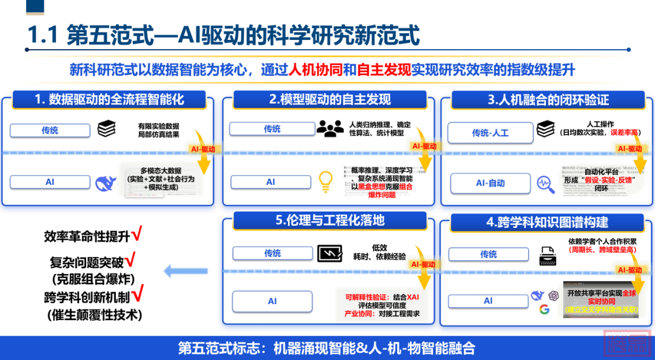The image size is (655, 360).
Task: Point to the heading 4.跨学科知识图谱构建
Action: pyautogui.click(x=547, y=222)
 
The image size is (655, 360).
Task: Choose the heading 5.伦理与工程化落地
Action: pyautogui.click(x=330, y=220)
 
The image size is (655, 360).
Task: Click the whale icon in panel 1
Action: pyautogui.click(x=106, y=182)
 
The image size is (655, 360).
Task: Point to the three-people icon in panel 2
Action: pyautogui.click(x=330, y=128)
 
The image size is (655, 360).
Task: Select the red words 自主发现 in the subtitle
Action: pyautogui.click(x=384, y=69)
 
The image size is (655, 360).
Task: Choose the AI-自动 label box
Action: pyautogui.click(x=490, y=183)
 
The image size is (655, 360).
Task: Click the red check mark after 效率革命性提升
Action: pyautogui.click(x=137, y=233)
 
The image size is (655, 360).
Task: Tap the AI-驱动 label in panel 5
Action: pyautogui.click(x=423, y=264)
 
